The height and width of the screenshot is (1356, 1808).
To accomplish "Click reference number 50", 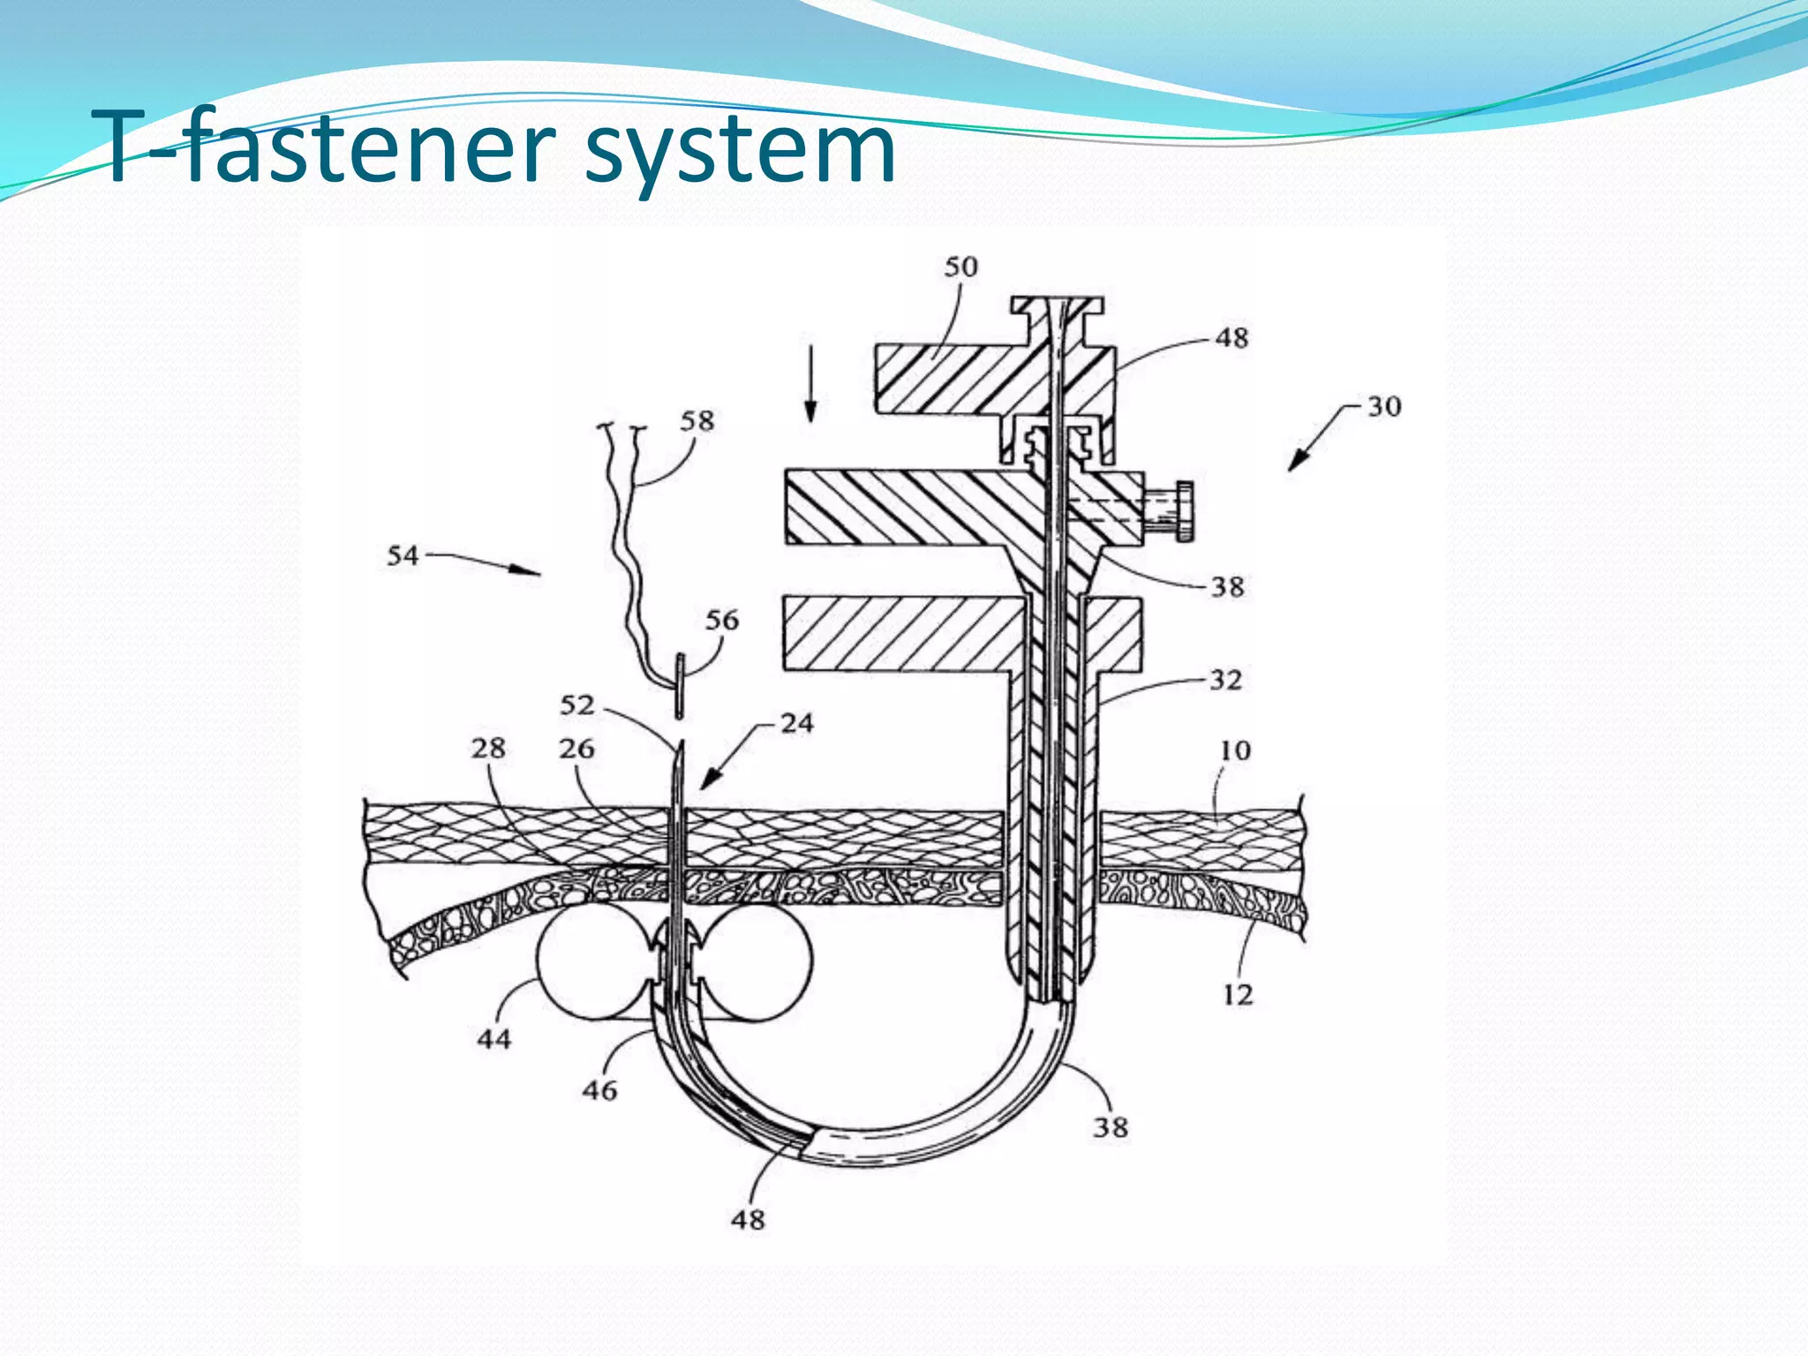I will [x=960, y=267].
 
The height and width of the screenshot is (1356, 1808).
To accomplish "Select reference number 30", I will [x=1384, y=406].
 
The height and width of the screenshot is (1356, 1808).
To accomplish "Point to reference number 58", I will [x=697, y=420].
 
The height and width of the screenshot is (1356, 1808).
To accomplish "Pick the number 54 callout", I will [x=403, y=555].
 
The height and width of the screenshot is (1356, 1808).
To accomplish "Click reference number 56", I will [x=721, y=620].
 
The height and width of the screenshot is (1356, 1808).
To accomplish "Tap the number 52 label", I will [x=577, y=704].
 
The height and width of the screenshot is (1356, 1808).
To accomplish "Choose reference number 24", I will [x=796, y=723].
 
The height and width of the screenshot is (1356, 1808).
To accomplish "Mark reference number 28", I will [x=487, y=748].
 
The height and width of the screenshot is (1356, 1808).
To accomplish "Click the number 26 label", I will [x=576, y=748].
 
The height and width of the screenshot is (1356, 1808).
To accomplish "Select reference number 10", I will [x=1235, y=750].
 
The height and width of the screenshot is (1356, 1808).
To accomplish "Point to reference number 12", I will [x=1238, y=995].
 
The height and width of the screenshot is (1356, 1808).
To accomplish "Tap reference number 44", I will [x=494, y=1038].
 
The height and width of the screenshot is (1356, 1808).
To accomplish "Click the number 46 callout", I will [x=599, y=1090].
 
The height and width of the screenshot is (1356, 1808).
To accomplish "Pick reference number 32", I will [x=1225, y=679].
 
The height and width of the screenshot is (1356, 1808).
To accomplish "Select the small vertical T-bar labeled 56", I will [x=681, y=685].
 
